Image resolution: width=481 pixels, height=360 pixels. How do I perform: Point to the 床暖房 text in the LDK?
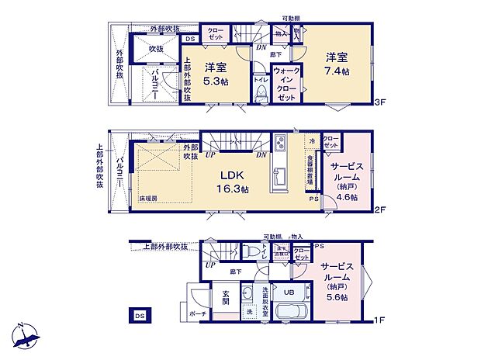149,199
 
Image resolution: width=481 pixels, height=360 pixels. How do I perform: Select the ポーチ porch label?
198,314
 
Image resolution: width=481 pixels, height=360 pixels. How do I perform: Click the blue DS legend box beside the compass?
140,316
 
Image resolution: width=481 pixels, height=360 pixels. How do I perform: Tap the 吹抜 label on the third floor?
156,49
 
